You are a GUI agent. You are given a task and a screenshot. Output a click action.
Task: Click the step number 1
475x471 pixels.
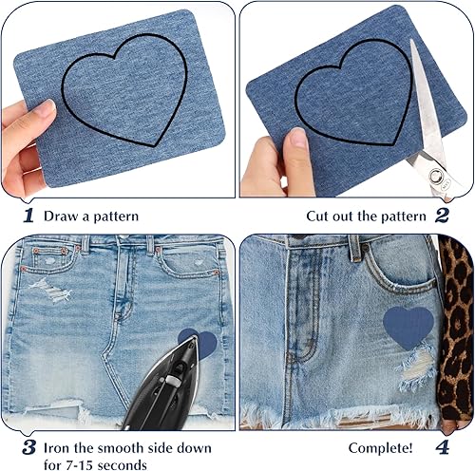click(28, 216)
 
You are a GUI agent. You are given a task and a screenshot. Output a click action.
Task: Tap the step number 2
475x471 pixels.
click(442, 216)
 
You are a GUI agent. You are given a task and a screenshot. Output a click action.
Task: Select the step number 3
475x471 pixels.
click(29, 448)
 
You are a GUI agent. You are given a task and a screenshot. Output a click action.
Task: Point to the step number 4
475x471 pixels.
click(443, 447)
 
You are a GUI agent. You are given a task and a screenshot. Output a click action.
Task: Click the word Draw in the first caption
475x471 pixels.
click(62, 217)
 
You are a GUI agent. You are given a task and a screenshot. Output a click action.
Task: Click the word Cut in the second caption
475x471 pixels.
click(317, 217)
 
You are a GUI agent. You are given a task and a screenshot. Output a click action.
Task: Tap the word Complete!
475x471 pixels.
click(381, 448)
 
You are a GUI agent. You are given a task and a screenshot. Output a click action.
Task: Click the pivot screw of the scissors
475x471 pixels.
click(434, 175)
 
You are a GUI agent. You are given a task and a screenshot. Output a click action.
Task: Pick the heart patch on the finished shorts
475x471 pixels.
click(408, 328)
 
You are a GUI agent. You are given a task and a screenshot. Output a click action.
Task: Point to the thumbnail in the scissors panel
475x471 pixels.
click(296, 137)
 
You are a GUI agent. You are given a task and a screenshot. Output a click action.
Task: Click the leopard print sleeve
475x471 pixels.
click(456, 330)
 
